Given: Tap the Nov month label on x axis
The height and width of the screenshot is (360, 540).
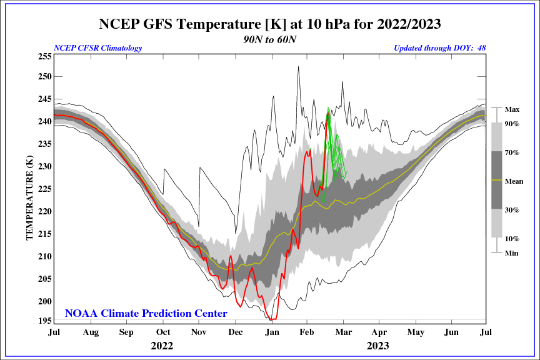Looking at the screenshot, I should [199, 332].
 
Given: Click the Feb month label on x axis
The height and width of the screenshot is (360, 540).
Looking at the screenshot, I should [307, 332].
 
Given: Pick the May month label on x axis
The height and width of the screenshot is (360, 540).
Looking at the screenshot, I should [414, 332].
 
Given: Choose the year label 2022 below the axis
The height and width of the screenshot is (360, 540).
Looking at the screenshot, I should [162, 345].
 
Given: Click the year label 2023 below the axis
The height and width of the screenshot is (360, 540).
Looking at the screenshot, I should [377, 345].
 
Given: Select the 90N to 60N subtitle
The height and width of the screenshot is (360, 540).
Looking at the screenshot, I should [270, 39].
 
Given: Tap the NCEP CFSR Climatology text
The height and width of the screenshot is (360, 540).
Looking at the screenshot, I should [98, 48].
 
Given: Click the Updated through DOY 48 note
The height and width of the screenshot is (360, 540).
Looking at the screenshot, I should [440, 48].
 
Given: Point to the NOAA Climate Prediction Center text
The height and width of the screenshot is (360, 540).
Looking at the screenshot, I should [146, 313].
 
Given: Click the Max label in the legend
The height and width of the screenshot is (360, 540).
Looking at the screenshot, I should [512, 109].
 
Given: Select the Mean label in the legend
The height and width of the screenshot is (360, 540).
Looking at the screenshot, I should [514, 181].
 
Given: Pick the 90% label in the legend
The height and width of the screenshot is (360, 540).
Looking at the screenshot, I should [512, 124].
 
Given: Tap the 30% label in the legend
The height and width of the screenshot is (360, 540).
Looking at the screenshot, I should [512, 210].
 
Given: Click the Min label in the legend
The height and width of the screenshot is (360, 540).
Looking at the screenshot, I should [512, 252].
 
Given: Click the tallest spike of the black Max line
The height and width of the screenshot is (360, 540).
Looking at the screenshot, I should [298, 67].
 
